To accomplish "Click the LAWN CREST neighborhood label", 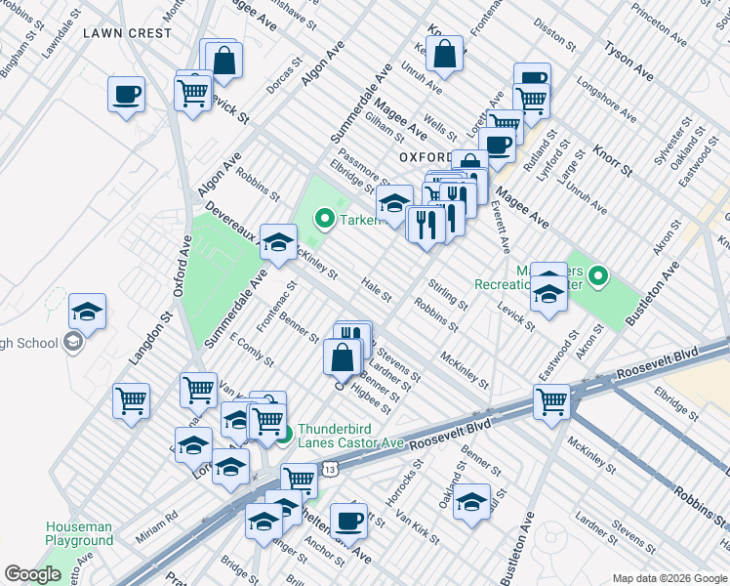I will click(x=127, y=32).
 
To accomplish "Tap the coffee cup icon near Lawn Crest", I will click(x=126, y=95).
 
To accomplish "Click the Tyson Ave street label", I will click(x=629, y=60).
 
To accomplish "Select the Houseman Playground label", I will click(x=79, y=533).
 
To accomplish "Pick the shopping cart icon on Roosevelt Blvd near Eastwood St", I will click(x=551, y=401).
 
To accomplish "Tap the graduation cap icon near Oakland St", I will click(x=471, y=502).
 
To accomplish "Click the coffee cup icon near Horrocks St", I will click(x=348, y=520).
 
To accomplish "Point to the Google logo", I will click(x=32, y=574).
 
